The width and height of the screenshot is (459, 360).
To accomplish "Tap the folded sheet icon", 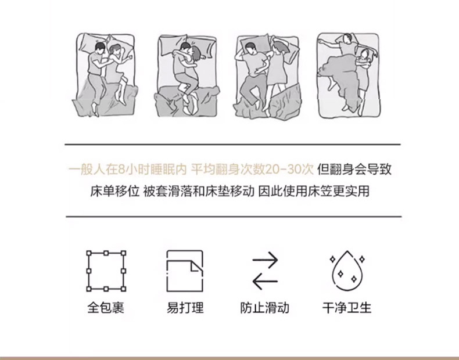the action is click(x=167, y=271).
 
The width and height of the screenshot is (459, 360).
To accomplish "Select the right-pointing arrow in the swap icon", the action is click(x=265, y=260).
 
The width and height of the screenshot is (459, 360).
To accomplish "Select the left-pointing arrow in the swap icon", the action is click(x=265, y=282).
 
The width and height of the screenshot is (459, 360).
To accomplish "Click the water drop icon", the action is click(x=334, y=271).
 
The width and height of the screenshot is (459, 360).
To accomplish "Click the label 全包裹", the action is click(x=106, y=308).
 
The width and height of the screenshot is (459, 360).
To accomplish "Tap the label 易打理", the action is click(x=185, y=308).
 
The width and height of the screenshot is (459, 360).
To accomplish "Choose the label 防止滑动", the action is click(x=264, y=308).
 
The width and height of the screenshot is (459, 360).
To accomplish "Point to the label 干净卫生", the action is click(x=347, y=308).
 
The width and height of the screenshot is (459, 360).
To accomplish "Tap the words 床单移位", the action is click(x=114, y=191).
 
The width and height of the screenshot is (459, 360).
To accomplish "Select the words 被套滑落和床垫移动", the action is click(x=199, y=191).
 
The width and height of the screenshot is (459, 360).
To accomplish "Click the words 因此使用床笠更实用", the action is click(x=314, y=191).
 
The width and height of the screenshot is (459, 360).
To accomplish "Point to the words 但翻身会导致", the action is click(x=354, y=169).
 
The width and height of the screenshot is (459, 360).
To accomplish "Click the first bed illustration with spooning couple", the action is click(x=105, y=75).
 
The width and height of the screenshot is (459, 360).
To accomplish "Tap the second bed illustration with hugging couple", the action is click(x=187, y=76).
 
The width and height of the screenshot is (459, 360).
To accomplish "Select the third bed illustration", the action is click(x=267, y=77).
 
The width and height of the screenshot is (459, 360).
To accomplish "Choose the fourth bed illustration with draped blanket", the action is click(x=349, y=75).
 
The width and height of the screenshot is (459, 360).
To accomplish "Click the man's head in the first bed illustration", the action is click(x=100, y=49).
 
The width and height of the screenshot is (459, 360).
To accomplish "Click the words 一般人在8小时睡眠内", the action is click(x=128, y=169).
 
